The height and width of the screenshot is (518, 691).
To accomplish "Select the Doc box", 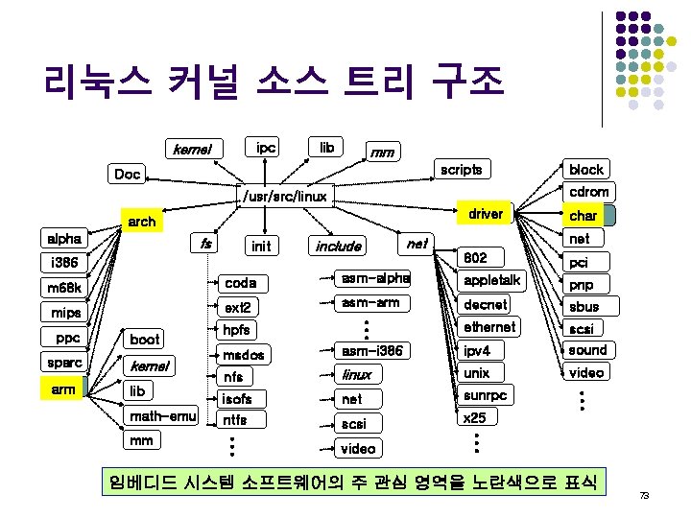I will (127, 175).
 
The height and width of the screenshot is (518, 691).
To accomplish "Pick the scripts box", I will (461, 169).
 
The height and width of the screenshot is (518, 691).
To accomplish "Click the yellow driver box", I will (485, 214).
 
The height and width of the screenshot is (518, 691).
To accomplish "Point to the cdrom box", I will (588, 192).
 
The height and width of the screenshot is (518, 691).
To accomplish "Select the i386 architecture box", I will (64, 262).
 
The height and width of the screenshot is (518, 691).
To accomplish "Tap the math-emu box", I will (162, 415).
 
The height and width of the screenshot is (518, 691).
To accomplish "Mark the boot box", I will (145, 339).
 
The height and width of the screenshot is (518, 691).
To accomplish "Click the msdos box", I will (242, 354).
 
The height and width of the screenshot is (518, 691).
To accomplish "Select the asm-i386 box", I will (371, 351).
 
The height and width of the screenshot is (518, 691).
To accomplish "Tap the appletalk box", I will (491, 280).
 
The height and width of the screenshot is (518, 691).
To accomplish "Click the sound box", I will (587, 349).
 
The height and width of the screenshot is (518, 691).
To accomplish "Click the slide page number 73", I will (644, 496).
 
